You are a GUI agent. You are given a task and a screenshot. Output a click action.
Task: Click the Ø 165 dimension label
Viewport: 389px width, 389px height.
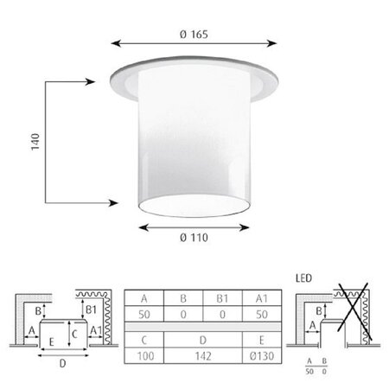194,35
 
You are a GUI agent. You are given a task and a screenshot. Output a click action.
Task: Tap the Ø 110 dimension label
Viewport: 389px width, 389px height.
194,238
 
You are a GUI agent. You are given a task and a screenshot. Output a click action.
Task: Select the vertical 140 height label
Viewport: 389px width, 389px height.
35,142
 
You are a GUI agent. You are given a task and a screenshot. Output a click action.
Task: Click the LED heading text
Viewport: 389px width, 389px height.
303,278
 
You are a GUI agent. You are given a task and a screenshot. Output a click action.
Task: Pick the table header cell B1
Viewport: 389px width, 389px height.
222,298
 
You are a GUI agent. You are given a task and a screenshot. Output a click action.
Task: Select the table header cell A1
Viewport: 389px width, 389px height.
262,298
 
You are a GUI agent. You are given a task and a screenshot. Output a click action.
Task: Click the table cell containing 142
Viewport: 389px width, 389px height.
203,356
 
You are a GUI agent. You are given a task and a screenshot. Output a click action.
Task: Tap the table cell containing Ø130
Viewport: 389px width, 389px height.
262,356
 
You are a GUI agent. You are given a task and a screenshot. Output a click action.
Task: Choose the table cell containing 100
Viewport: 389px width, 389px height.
144,356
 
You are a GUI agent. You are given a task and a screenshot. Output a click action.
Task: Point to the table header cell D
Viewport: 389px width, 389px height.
203,340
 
